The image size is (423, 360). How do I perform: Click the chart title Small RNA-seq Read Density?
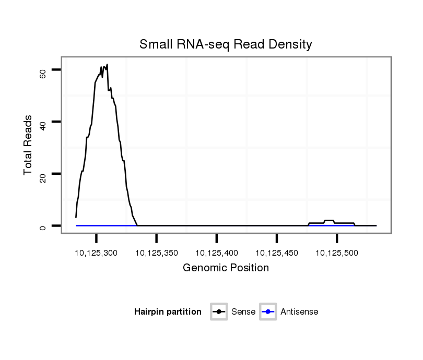click(226, 44)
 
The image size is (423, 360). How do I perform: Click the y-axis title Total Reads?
click(28, 145)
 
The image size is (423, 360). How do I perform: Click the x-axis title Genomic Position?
click(226, 268)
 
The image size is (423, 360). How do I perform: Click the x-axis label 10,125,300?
click(97, 253)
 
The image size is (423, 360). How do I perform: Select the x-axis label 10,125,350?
click(157, 253)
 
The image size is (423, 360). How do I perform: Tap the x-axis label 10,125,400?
click(217, 253)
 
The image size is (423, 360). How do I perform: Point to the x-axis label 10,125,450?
click(277, 253)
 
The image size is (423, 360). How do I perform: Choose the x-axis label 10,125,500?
click(337, 253)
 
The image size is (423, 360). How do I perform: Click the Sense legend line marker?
click(219, 312)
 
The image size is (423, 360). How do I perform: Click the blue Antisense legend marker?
click(267, 312)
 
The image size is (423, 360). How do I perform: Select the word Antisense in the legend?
click(299, 312)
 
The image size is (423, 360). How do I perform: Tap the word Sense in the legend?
click(243, 312)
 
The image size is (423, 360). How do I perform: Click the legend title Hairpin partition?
click(168, 312)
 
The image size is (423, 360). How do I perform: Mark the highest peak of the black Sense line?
click(107, 65)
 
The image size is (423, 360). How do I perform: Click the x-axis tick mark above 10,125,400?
click(217, 238)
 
